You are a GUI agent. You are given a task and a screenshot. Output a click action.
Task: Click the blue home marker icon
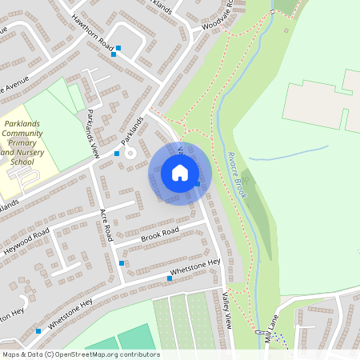point(180,172)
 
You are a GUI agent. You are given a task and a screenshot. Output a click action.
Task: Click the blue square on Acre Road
point(122,262)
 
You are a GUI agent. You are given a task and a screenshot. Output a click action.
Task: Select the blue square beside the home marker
point(197,184)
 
